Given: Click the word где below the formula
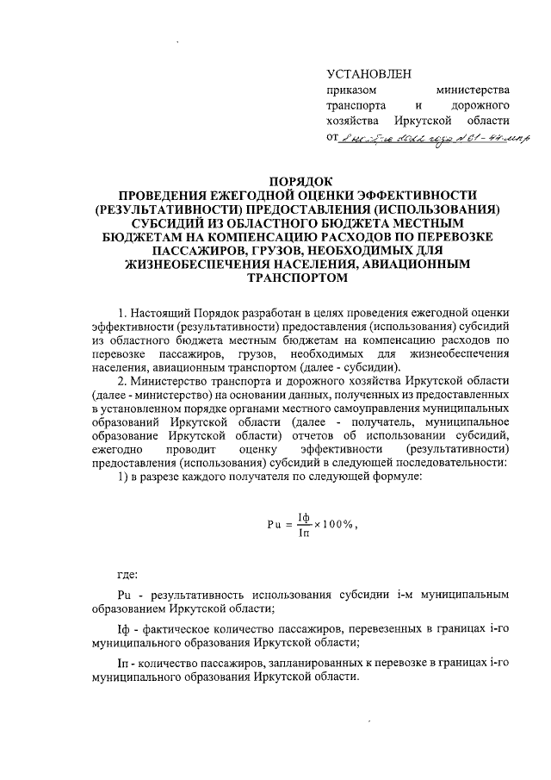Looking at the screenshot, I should tap(128, 572).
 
